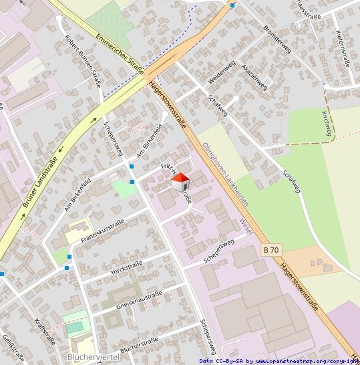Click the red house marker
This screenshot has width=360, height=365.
(x=181, y=181)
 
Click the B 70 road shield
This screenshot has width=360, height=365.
(x=271, y=249)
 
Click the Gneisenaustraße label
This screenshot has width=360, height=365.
(x=139, y=299)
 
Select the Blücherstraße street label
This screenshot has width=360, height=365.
(x=140, y=344)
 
